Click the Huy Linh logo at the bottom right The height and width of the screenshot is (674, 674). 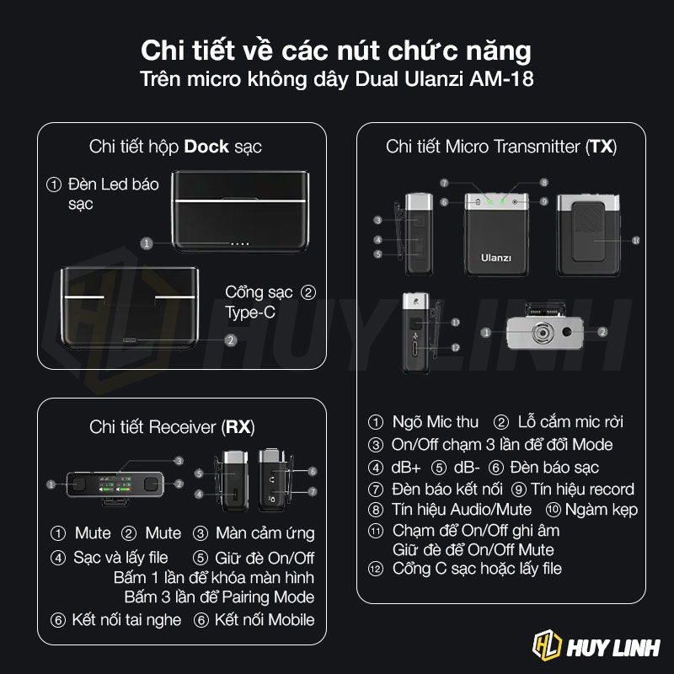(x=596, y=646)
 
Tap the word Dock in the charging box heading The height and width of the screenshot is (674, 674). (x=206, y=147)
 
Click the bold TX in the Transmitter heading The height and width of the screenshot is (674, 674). (x=602, y=147)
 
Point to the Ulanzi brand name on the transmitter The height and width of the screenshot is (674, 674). (x=496, y=258)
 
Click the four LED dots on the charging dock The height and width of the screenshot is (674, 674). (x=240, y=244)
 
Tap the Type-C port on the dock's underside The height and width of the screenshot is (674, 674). (x=130, y=340)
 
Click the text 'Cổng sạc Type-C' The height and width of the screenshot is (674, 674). (x=259, y=302)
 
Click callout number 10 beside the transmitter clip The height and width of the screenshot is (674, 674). (x=636, y=241)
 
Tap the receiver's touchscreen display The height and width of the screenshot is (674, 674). (x=115, y=484)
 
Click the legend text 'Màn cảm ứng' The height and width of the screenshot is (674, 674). (x=265, y=533)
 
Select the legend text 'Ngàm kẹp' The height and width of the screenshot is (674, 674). (x=601, y=510)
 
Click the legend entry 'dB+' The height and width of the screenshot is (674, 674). (x=406, y=468)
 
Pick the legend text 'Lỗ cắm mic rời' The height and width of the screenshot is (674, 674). (x=570, y=422)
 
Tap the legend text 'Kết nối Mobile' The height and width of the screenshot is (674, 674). (x=265, y=620)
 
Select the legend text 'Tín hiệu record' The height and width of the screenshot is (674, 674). (x=582, y=489)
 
